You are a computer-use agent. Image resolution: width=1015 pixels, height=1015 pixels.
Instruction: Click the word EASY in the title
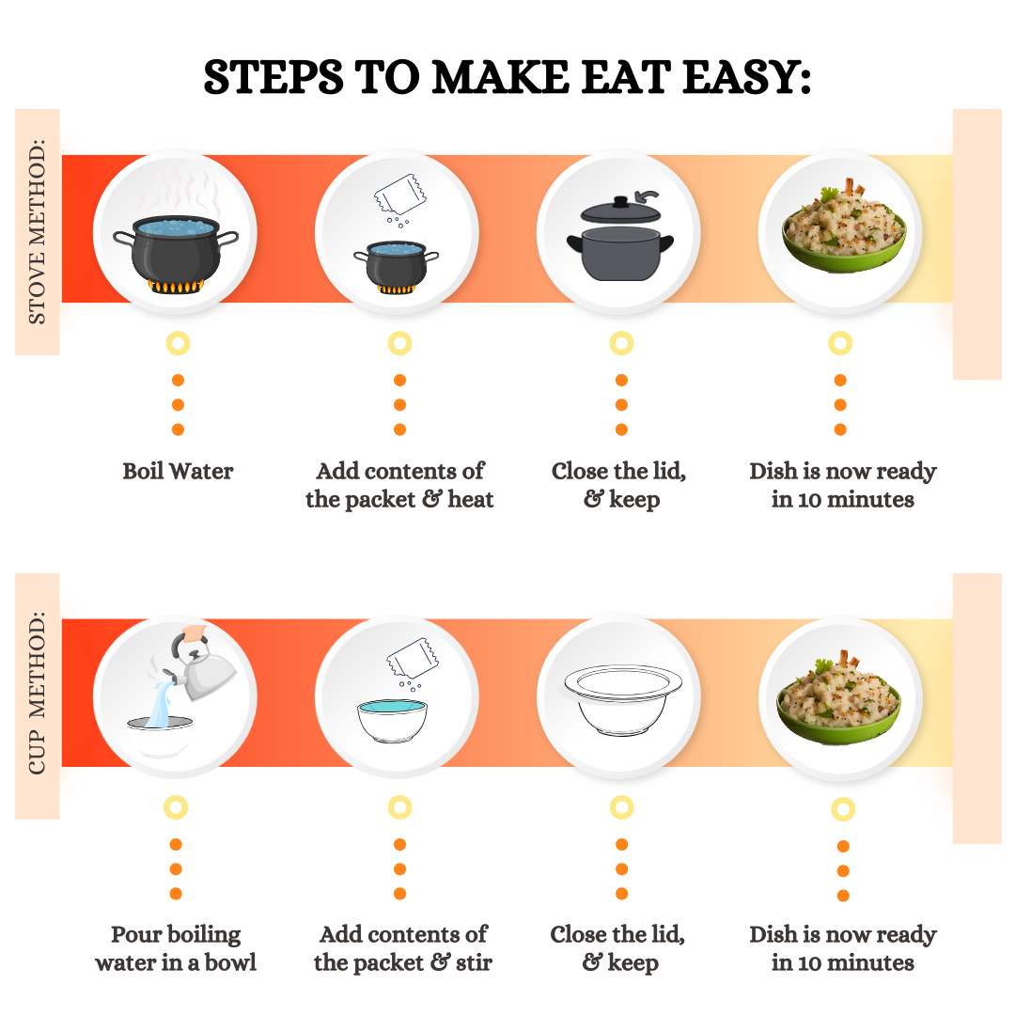pos(747,77)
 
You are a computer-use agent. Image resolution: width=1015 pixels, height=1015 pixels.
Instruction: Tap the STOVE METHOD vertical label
pos(37,231)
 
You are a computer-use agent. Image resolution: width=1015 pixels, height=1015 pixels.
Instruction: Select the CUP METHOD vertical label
pos(37,693)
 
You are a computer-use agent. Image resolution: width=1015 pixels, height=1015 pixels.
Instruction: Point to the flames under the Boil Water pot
pos(176,286)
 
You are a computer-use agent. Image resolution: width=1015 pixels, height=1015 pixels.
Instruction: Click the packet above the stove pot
pos(400,195)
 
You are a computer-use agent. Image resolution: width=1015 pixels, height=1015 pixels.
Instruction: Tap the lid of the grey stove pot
pos(621,210)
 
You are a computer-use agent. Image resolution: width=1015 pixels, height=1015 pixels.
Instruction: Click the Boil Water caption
pos(178,471)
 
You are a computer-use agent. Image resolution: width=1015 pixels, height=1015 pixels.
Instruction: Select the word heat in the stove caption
pos(471,499)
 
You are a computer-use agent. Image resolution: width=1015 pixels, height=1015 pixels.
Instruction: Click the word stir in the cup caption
pos(474,962)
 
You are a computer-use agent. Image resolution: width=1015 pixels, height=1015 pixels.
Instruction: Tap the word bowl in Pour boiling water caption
pos(230,962)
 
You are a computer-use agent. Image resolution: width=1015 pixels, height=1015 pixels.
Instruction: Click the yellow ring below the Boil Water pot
pos(178,343)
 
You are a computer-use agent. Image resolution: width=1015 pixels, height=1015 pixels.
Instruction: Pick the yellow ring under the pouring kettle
pos(176,807)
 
